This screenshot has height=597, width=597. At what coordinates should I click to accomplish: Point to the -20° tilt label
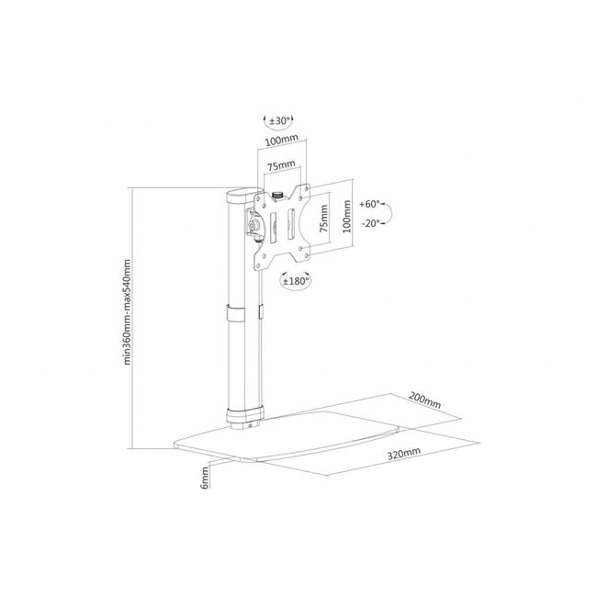[370, 223]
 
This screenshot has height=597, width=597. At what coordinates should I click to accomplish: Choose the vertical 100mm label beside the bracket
[346, 213]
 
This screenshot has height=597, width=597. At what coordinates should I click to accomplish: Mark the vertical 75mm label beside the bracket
[322, 220]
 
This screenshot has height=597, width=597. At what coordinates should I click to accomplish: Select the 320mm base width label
[405, 453]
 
